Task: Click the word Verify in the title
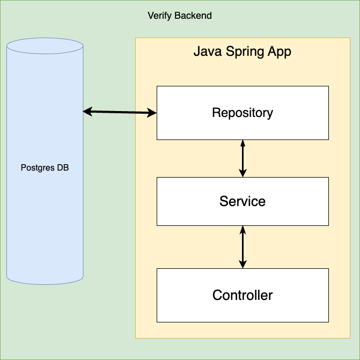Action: click(159, 16)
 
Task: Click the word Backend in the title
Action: click(193, 16)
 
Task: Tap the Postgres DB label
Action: click(45, 168)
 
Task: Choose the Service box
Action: click(243, 201)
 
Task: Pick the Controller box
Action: click(243, 295)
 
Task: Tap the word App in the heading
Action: click(280, 53)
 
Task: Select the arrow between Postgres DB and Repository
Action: click(120, 112)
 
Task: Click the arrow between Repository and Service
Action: click(243, 158)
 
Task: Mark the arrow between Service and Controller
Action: click(243, 247)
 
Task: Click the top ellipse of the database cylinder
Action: click(45, 46)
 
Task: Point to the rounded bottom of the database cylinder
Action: click(45, 279)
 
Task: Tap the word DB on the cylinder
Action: click(63, 168)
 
